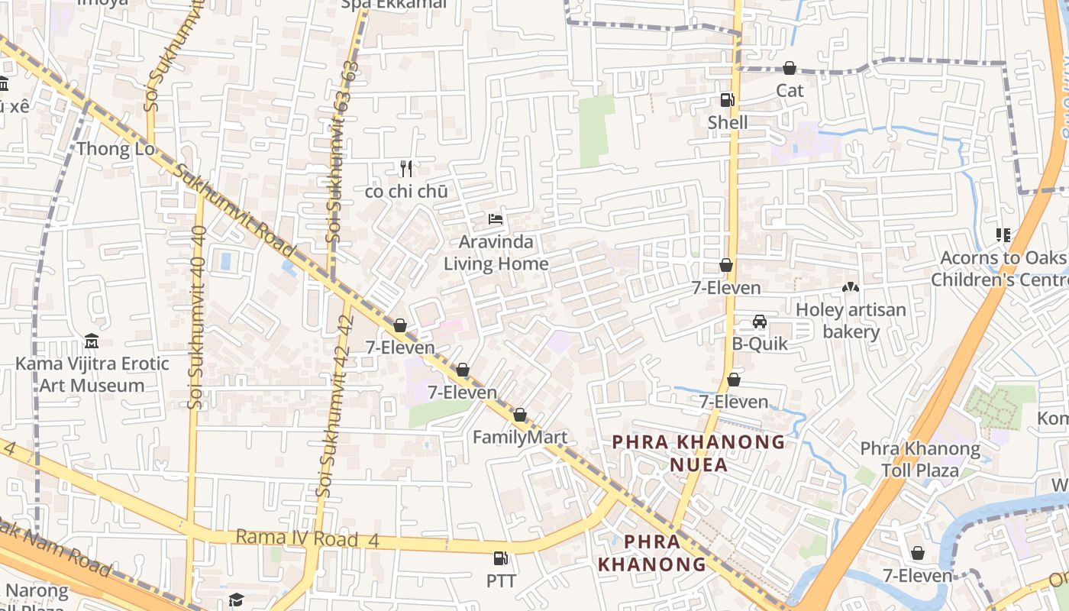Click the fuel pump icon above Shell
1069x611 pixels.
726,100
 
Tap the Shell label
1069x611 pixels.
727,122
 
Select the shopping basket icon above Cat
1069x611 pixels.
789,69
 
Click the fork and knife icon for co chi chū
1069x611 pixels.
406,169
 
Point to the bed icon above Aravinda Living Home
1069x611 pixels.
496,219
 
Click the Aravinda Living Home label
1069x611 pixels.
496,253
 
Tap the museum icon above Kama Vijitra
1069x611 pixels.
92,341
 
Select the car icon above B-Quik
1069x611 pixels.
759,322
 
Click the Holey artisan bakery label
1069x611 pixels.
851,321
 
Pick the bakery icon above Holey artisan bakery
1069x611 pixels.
849,288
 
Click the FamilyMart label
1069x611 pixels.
519,437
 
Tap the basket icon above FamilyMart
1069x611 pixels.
520,415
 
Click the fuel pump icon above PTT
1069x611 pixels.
500,559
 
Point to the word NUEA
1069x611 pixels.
699,464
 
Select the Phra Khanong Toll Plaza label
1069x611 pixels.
920,459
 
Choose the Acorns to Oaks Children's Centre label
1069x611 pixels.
1000,269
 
